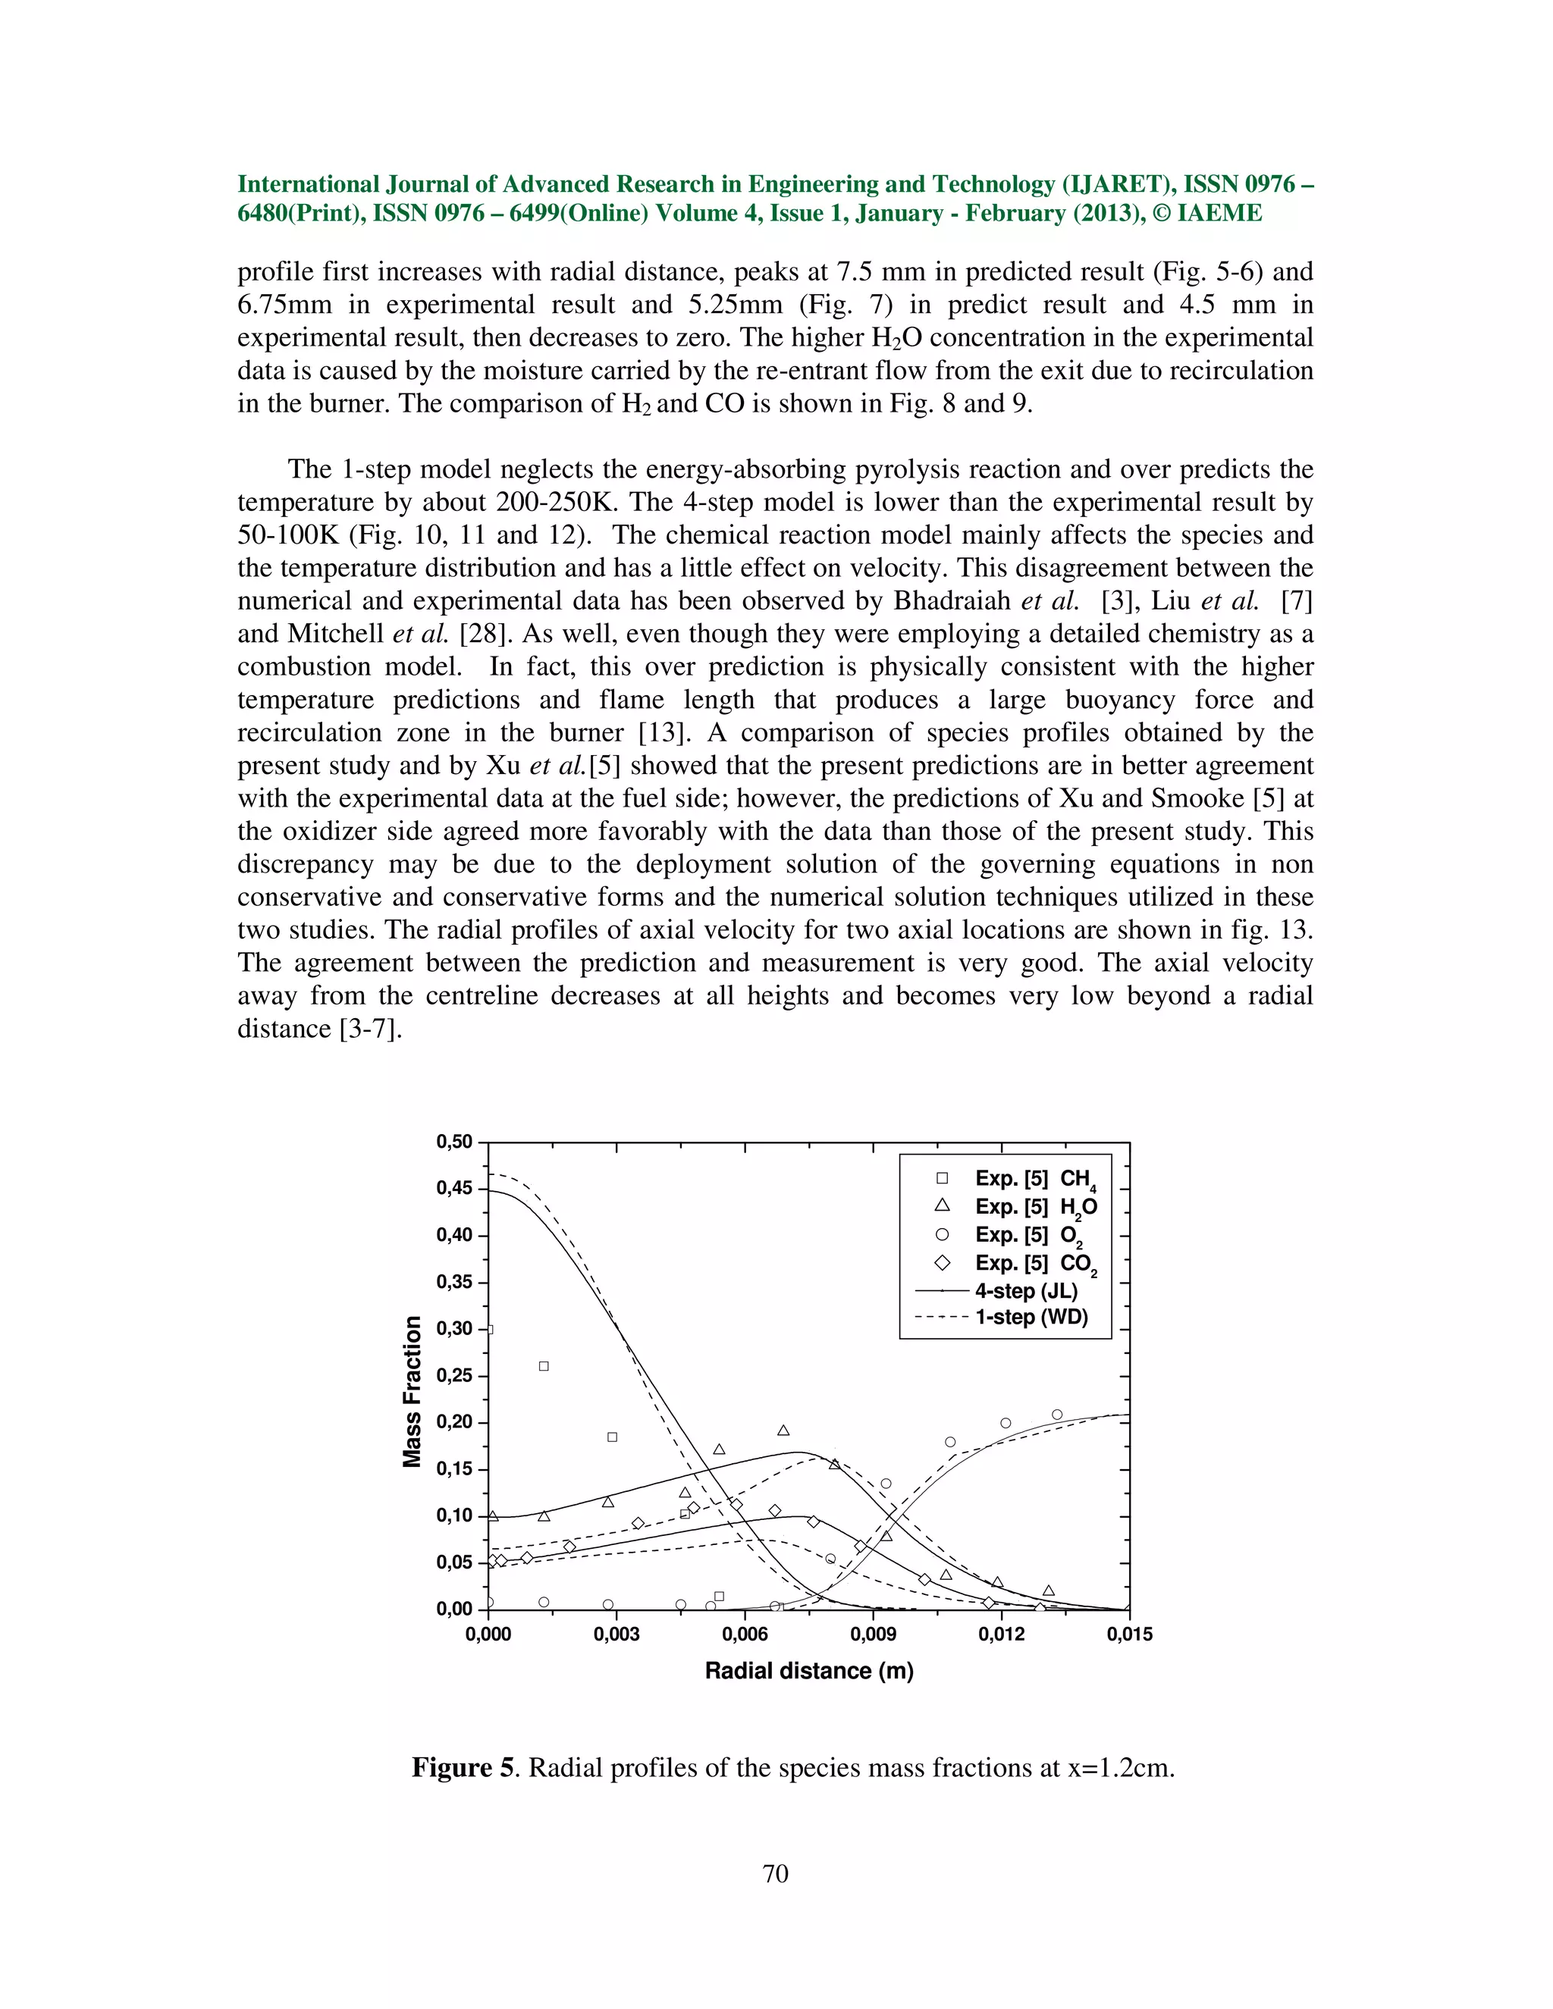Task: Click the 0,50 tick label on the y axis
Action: pos(453,1142)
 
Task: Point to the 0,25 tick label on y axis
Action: pos(453,1375)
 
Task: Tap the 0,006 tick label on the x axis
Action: pos(745,1634)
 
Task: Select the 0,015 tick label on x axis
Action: pos(1129,1634)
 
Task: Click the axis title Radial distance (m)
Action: pos(808,1670)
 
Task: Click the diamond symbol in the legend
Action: pos(942,1264)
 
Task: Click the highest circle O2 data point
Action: pos(1057,1415)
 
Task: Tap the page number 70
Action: pos(776,1874)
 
